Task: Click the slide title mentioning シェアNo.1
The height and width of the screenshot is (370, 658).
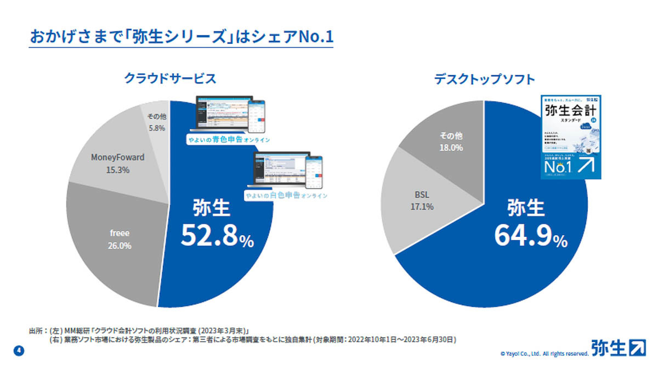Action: click(x=181, y=38)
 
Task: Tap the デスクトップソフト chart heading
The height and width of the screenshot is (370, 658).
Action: click(x=484, y=79)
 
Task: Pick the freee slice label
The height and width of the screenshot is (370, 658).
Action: click(x=120, y=233)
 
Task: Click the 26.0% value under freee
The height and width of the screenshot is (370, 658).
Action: click(x=120, y=246)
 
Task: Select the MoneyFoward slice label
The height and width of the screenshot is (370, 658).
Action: click(x=117, y=157)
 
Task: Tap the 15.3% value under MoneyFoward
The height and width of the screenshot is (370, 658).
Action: click(x=117, y=170)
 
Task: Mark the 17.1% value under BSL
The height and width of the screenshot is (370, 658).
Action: click(x=422, y=207)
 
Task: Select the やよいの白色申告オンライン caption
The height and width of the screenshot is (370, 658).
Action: click(x=286, y=195)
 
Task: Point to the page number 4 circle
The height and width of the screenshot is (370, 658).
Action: click(x=16, y=350)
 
